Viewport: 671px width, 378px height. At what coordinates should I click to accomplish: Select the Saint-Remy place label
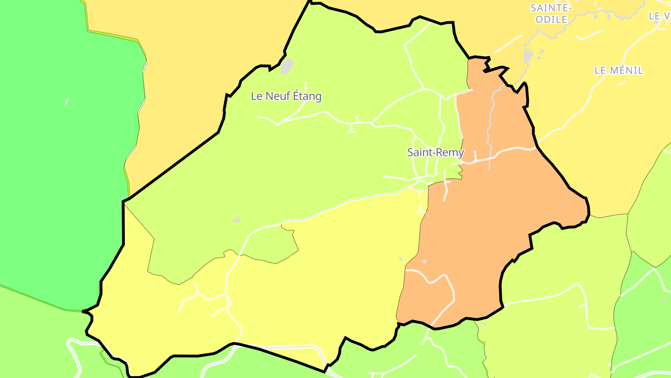click(x=436, y=152)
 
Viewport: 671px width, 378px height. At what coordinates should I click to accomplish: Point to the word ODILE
click(x=551, y=19)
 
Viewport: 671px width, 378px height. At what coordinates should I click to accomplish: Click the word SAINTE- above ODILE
click(x=551, y=8)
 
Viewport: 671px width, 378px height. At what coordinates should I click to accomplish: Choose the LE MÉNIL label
click(x=619, y=70)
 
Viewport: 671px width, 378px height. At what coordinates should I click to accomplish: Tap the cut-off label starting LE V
click(x=659, y=16)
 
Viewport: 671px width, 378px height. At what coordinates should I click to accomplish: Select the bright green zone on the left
click(x=61, y=163)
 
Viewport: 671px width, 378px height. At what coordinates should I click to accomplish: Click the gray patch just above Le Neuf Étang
click(x=287, y=66)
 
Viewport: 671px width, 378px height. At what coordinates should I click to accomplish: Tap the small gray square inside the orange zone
click(x=424, y=261)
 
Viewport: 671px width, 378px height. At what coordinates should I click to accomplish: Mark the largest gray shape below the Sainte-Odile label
click(x=528, y=56)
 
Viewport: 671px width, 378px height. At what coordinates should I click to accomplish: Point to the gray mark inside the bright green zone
click(x=67, y=101)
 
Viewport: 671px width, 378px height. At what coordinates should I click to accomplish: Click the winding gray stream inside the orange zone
click(x=490, y=121)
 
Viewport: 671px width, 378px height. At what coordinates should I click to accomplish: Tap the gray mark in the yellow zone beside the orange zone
click(x=400, y=259)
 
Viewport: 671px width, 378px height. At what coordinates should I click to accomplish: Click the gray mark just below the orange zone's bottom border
click(x=483, y=323)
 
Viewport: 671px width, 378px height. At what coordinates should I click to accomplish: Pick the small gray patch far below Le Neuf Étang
click(x=237, y=220)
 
